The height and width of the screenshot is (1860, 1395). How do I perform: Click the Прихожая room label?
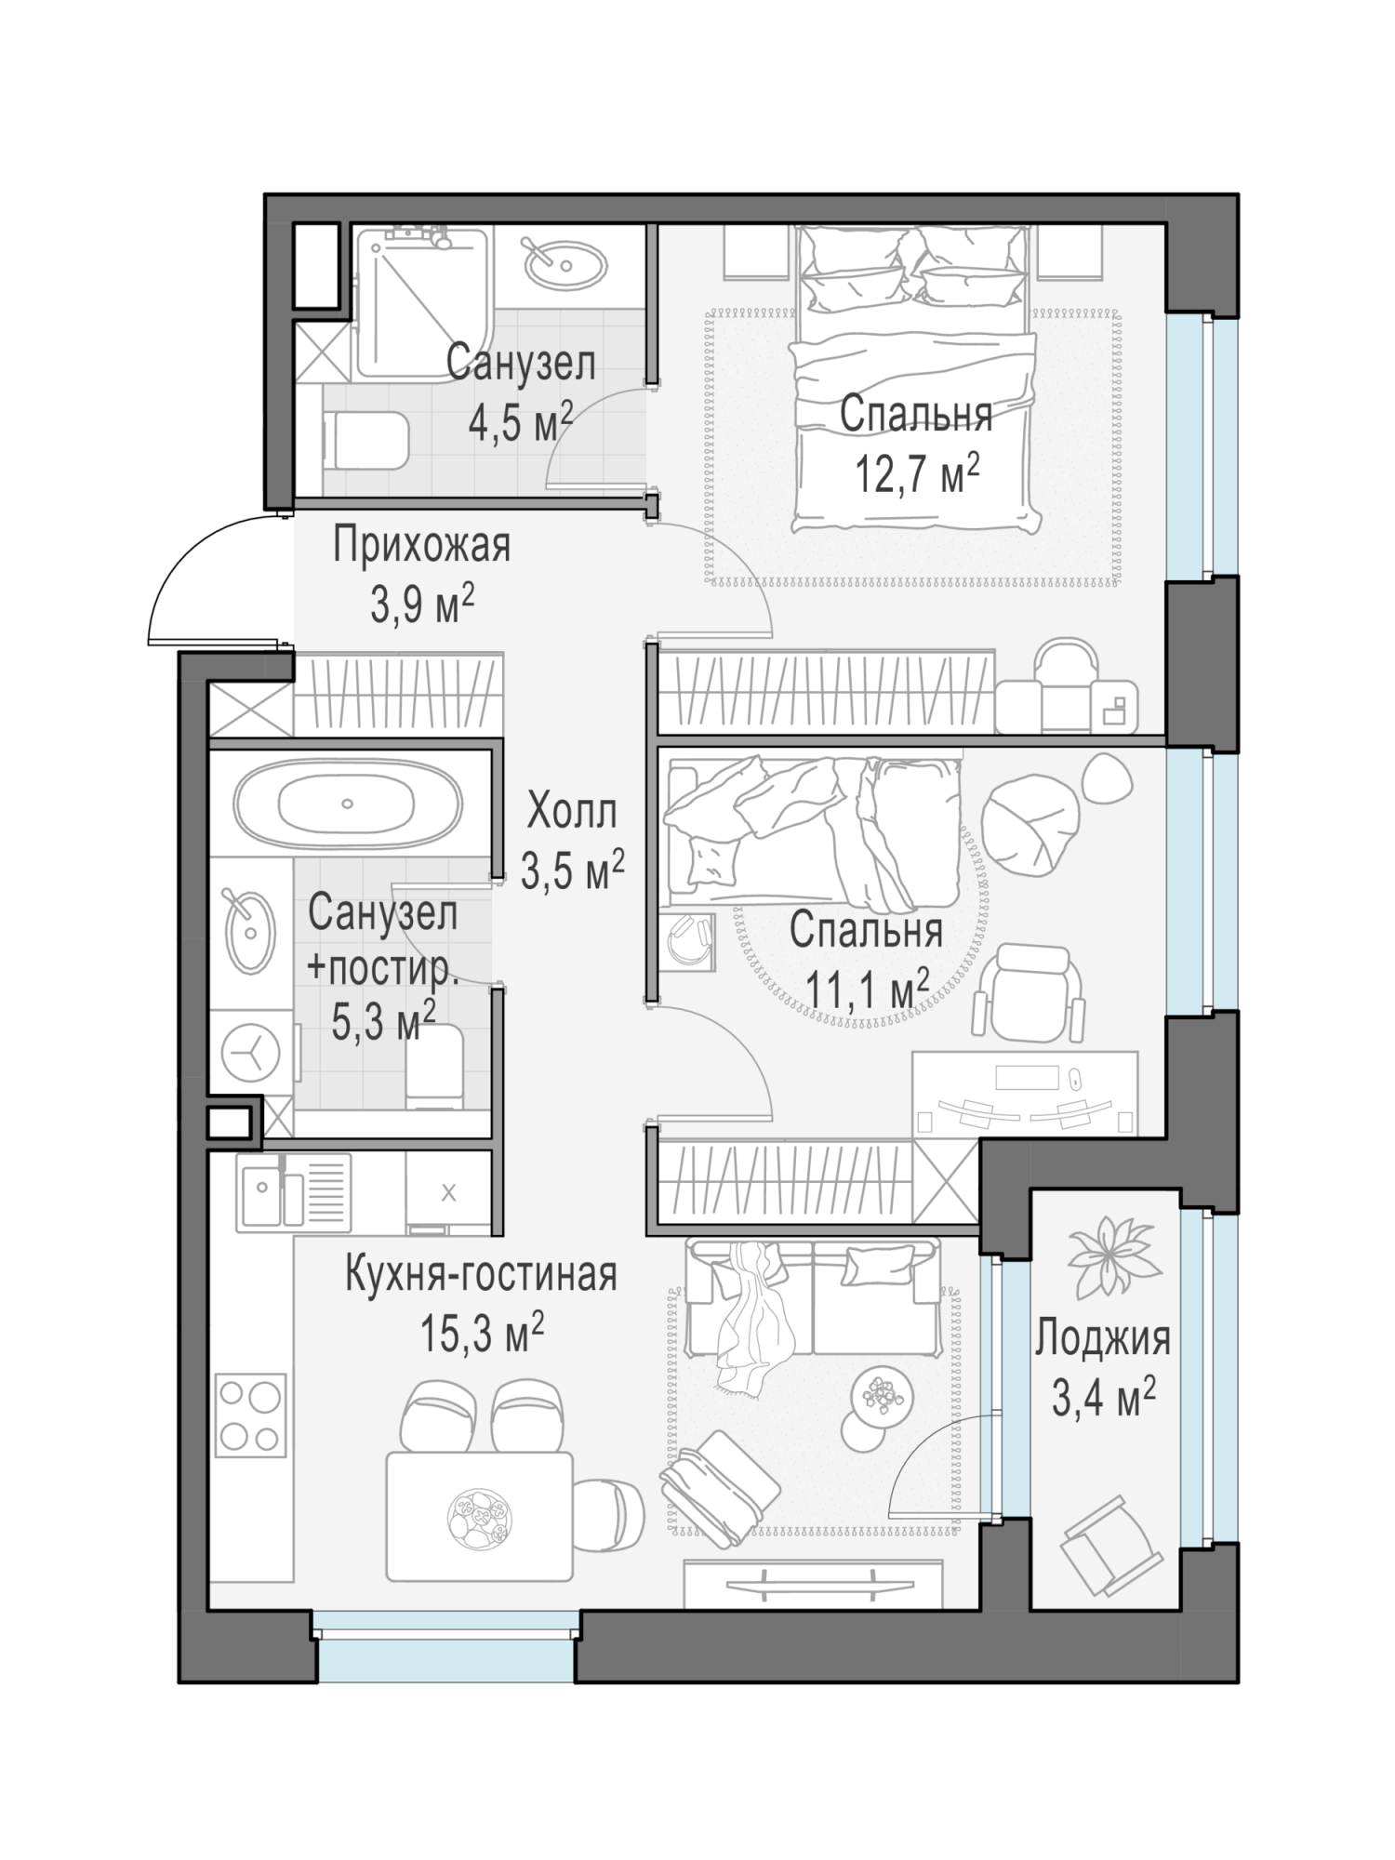coord(422,546)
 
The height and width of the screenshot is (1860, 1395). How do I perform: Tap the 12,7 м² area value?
coord(917,473)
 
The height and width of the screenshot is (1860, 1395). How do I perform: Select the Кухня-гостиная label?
coord(481,1274)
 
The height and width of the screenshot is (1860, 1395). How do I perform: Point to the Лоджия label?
coord(1103,1339)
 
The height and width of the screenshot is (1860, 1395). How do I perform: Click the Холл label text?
coord(571,812)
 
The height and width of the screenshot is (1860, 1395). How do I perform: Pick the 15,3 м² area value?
coord(482,1334)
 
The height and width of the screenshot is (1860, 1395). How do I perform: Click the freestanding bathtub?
coord(348,804)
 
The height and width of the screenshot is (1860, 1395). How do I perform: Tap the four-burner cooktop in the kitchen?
coord(250,1416)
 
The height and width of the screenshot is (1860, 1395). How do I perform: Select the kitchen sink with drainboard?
coord(293,1193)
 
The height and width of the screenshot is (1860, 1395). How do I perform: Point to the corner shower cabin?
coord(423,303)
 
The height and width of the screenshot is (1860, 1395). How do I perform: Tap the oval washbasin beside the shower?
coord(565,266)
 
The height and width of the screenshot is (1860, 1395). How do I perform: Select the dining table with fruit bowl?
coord(479,1517)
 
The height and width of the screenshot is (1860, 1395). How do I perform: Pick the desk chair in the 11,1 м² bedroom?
coord(1030,993)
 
